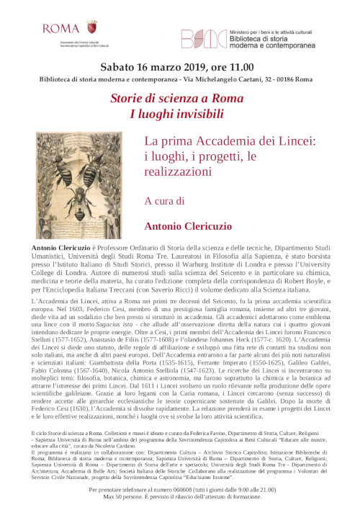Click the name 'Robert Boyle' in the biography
(288, 279)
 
